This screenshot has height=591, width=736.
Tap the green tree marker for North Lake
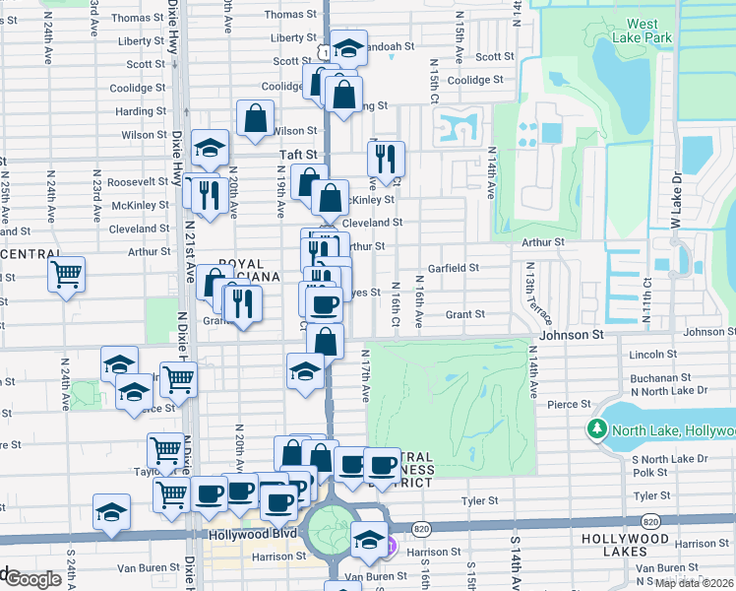coord(596,429)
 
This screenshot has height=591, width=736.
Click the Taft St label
coord(299,155)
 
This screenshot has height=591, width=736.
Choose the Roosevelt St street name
coord(138,182)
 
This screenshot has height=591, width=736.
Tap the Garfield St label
coord(454,268)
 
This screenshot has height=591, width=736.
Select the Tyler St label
coord(479,500)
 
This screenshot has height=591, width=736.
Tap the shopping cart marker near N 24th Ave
coord(67,274)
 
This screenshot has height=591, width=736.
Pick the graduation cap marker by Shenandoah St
coord(348,47)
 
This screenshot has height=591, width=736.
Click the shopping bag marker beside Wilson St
coord(255,117)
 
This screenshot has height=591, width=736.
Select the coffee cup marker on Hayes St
coord(324,302)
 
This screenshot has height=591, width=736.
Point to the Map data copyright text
coord(695,583)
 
